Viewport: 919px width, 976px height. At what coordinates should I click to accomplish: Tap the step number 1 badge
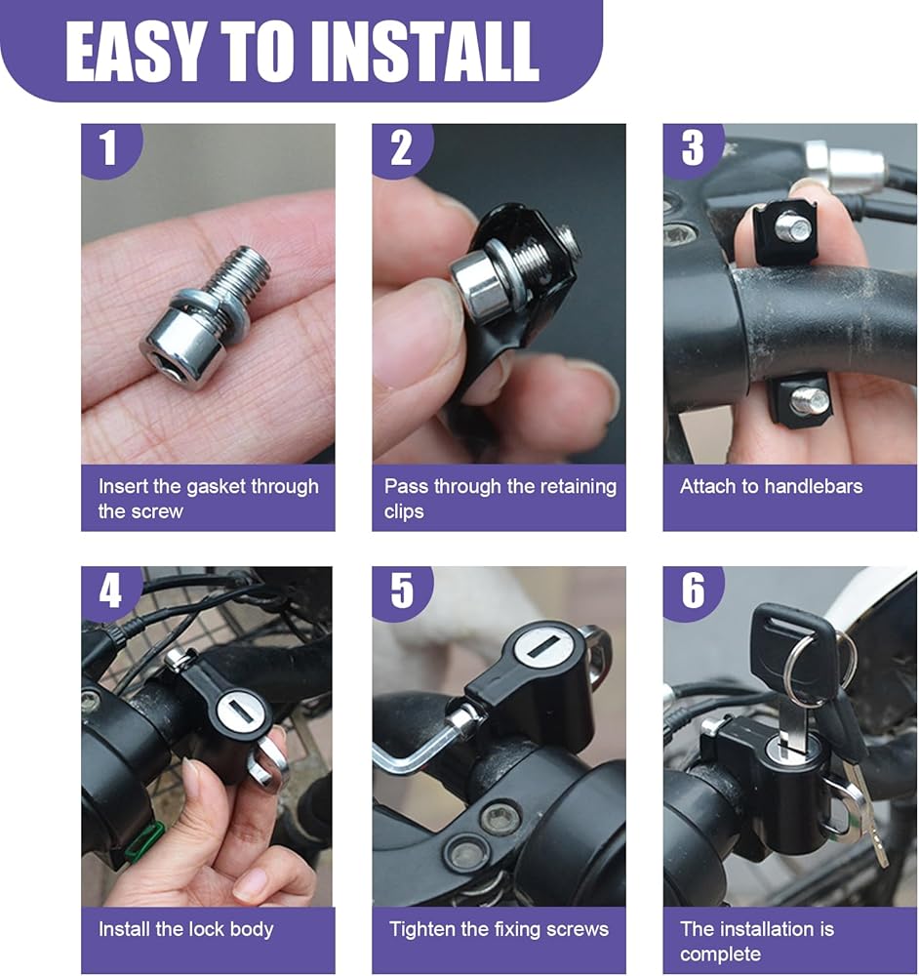(109, 148)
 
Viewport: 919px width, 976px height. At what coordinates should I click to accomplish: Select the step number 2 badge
(401, 148)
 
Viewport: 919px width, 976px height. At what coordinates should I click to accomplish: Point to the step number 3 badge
(692, 148)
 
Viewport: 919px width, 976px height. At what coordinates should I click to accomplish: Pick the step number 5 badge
(401, 591)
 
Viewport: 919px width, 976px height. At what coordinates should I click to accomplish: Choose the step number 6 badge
(692, 591)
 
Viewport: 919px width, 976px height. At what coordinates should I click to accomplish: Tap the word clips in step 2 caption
(404, 512)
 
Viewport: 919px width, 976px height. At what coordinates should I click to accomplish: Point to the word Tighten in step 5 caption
(420, 930)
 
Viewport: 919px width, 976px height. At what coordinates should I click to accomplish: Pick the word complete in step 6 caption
(720, 955)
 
